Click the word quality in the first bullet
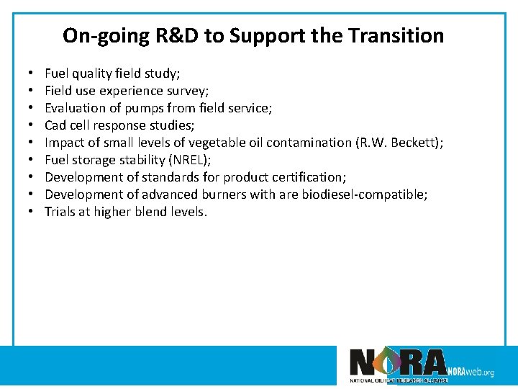click(94, 73)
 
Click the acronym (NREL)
click(188, 160)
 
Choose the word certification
click(308, 177)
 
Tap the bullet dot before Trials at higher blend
click(33, 212)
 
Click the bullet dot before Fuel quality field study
click(33, 73)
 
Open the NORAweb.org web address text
click(471, 372)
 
